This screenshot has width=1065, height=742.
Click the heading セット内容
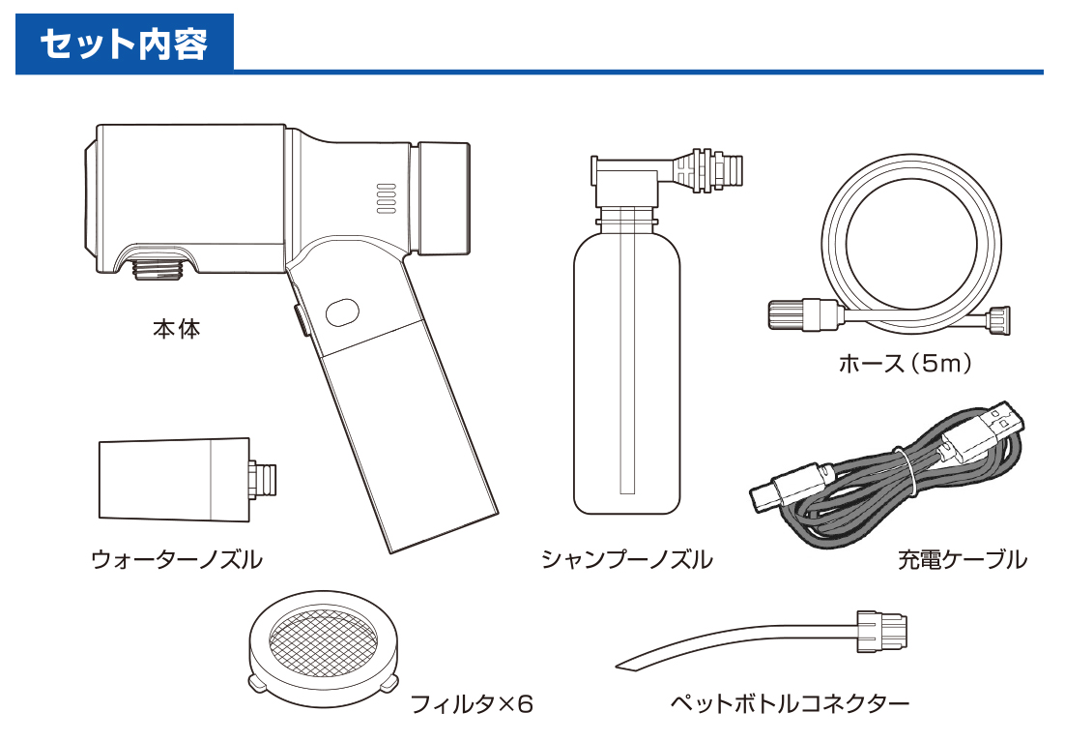(124, 45)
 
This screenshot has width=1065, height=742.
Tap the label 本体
(176, 329)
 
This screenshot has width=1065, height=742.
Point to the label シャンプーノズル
(626, 559)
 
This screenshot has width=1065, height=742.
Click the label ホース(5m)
(904, 364)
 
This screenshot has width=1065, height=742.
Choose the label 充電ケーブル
(961, 559)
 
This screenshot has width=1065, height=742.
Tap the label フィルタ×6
(471, 703)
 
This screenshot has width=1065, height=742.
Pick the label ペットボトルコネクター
(790, 703)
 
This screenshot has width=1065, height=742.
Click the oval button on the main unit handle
(342, 312)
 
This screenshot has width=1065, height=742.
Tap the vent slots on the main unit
(386, 198)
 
